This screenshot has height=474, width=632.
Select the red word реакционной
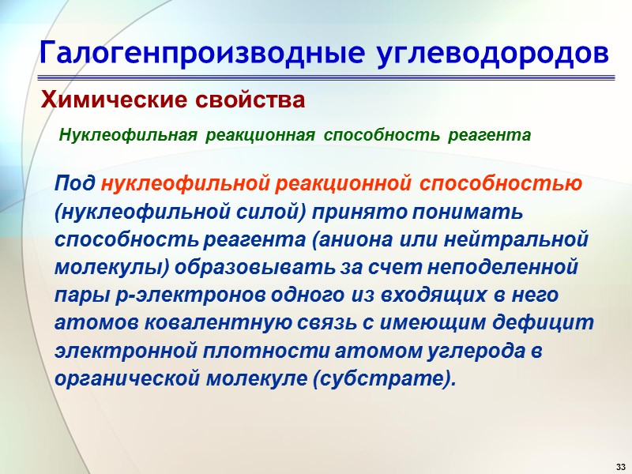pos(343,184)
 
